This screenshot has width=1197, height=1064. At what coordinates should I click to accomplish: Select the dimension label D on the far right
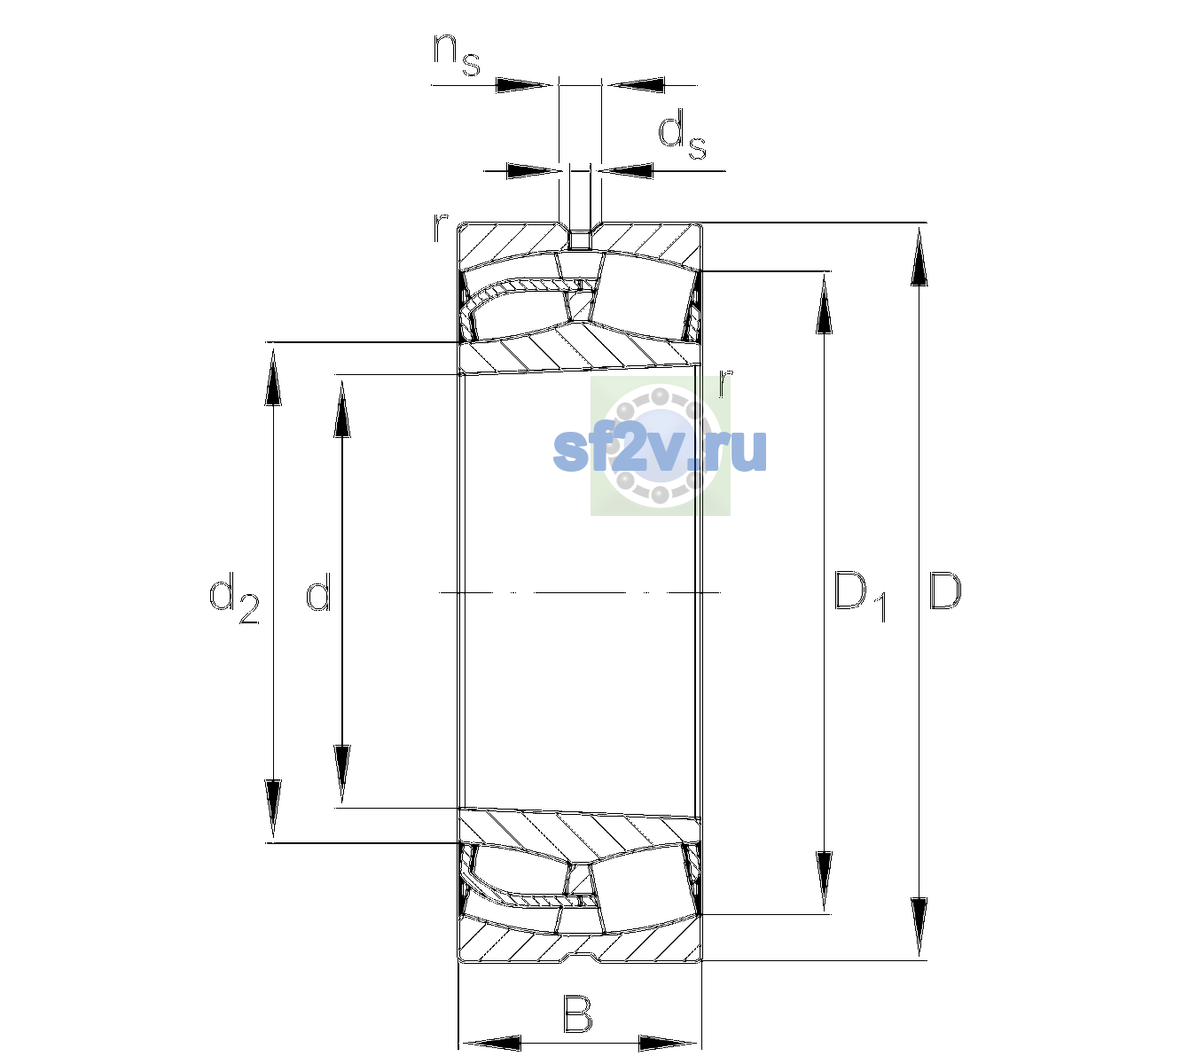[944, 591]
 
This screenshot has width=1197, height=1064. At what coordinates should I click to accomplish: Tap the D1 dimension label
[860, 596]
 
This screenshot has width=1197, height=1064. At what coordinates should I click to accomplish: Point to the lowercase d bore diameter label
[318, 591]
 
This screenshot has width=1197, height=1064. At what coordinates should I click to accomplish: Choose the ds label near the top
[682, 135]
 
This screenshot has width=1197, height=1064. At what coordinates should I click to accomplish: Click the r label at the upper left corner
[440, 228]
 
